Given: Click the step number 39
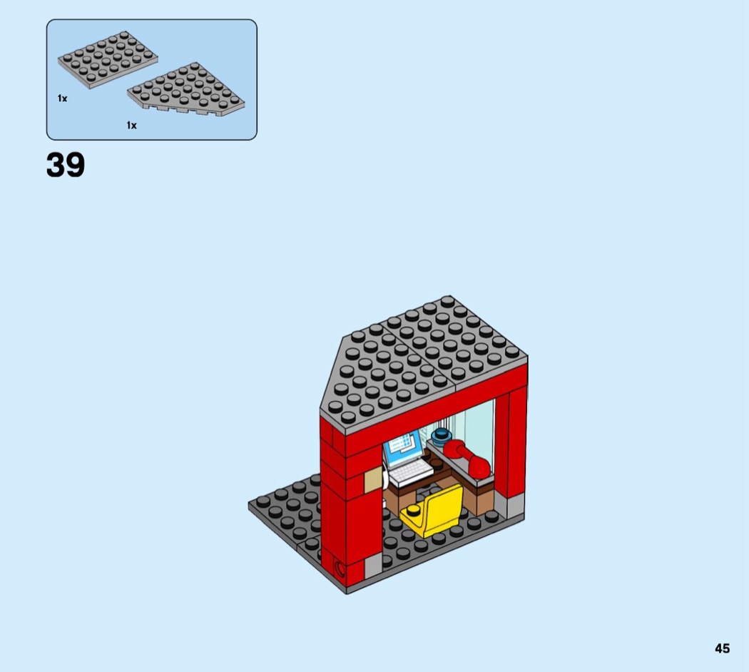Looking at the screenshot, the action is click(66, 165).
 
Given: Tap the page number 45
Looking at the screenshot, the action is click(722, 648).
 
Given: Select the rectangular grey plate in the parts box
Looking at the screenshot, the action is click(108, 60).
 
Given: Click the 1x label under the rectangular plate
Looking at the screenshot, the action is click(63, 98).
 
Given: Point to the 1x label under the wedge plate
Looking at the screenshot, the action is click(132, 125).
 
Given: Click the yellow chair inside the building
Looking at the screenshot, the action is click(433, 511).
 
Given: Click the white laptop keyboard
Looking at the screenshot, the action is click(411, 472).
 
